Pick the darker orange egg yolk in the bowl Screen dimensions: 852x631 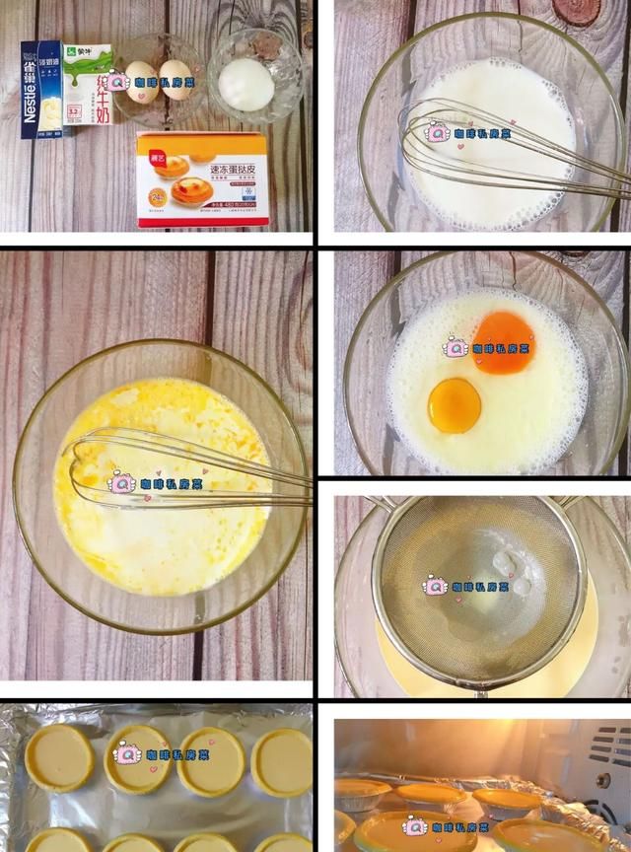click(x=504, y=342)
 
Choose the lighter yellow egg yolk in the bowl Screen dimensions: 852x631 click(x=455, y=404)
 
